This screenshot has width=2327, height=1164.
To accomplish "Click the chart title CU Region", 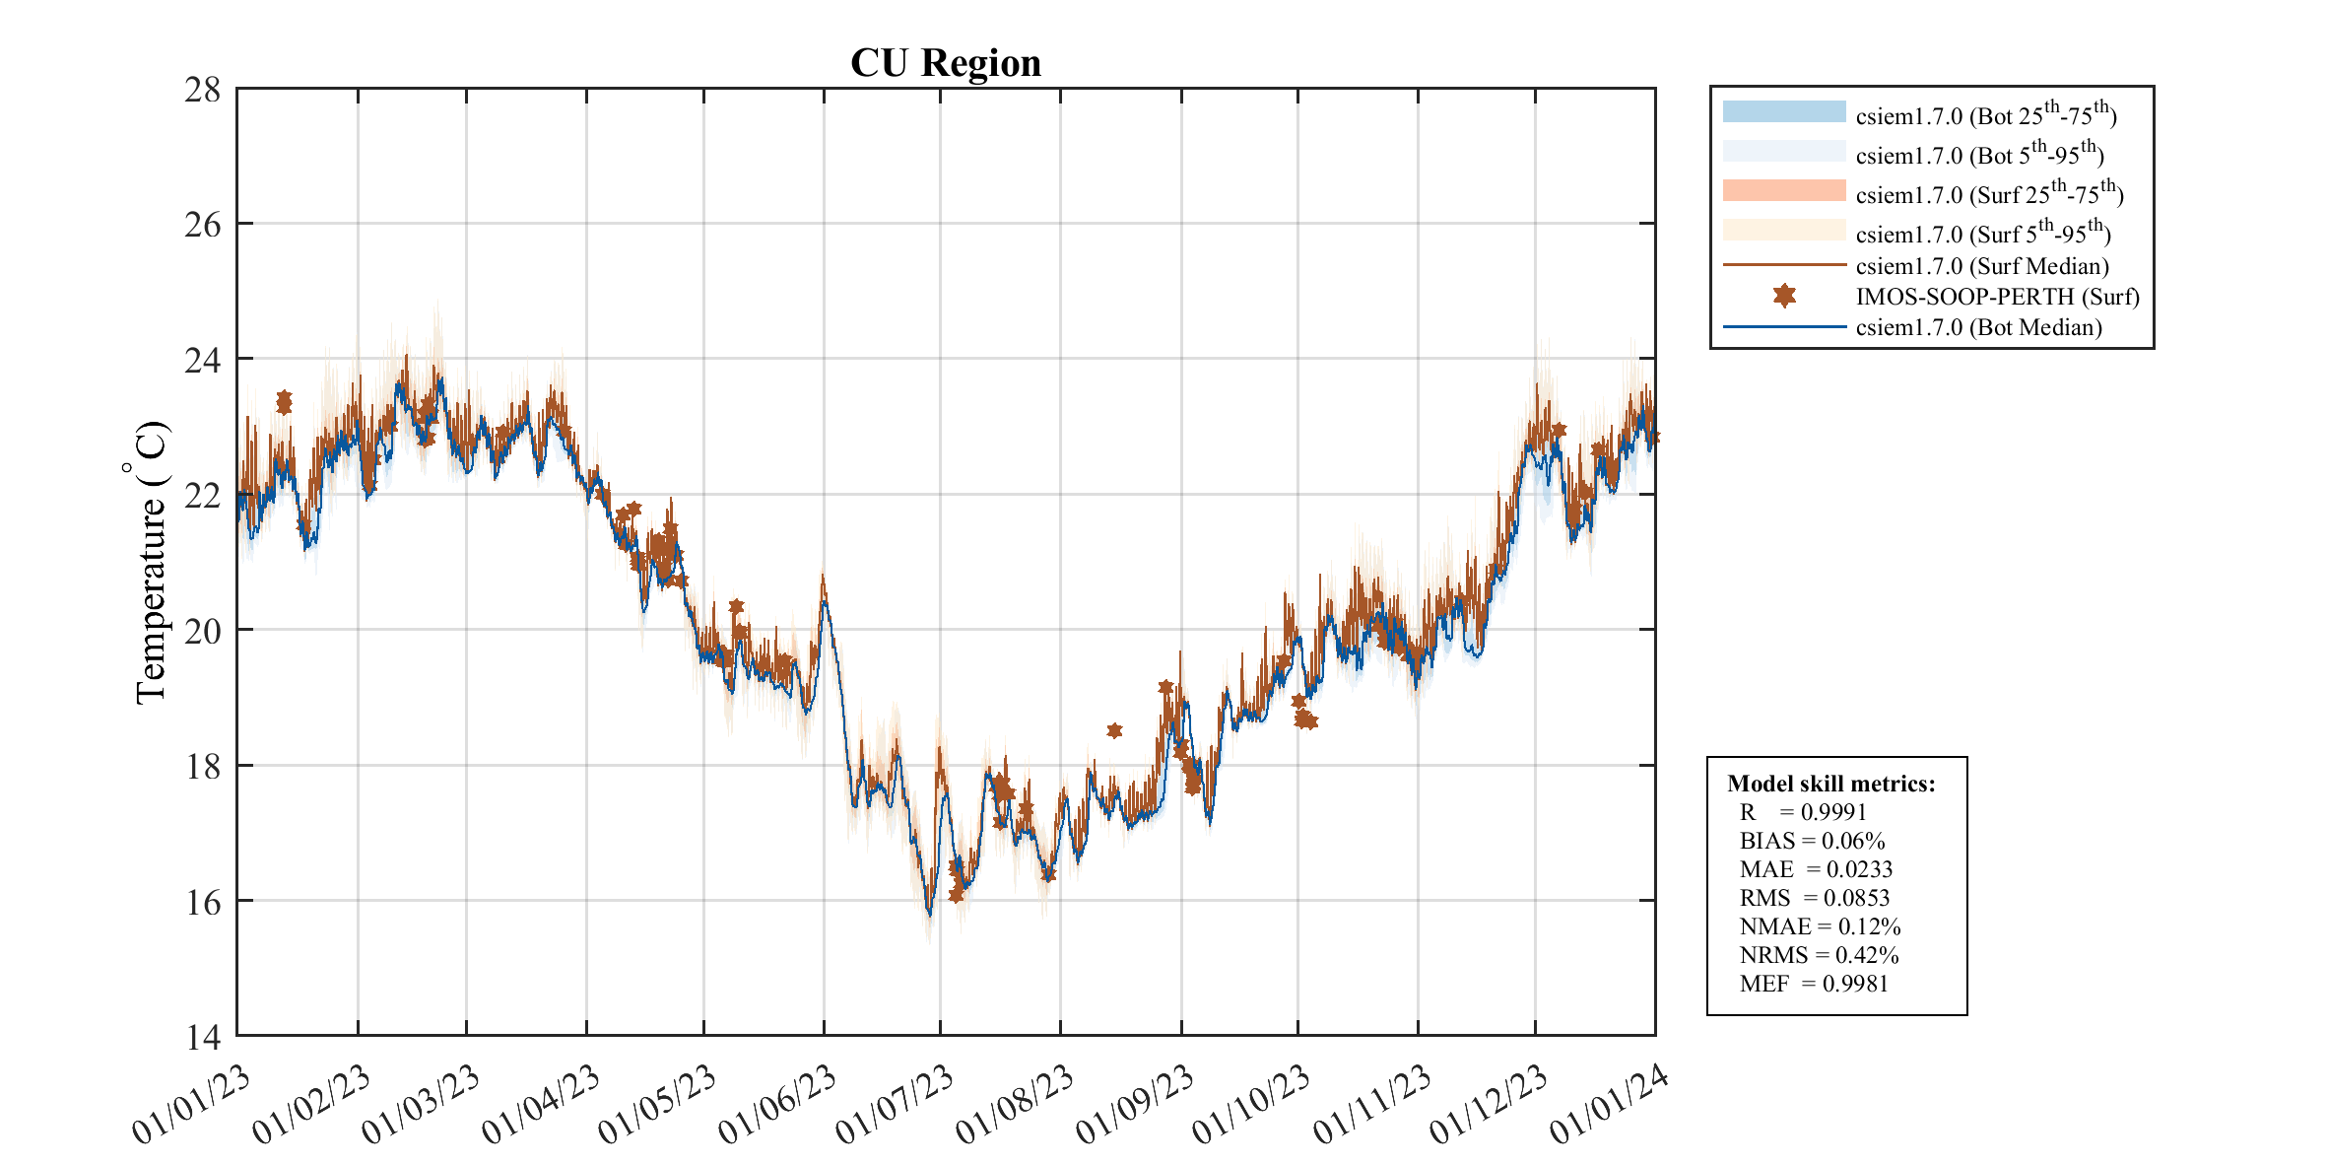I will [x=945, y=63].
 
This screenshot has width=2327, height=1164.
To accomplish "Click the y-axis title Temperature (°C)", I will [x=150, y=563].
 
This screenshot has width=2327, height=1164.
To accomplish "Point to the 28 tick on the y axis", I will [x=202, y=90].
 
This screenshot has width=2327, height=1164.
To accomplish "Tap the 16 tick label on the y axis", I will [x=202, y=902].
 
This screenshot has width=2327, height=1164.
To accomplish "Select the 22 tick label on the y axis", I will [x=202, y=495].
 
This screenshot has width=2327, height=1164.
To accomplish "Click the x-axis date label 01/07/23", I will [x=896, y=1106].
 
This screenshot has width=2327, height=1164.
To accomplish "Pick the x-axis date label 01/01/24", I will [x=1609, y=1106].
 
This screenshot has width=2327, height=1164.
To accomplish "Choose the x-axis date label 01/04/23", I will [x=541, y=1106].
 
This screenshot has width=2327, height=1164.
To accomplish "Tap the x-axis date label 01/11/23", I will [x=1371, y=1106].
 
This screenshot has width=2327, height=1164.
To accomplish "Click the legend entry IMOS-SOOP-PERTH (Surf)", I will [x=1997, y=297].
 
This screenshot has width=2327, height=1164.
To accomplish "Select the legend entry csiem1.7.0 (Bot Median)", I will [x=1978, y=327].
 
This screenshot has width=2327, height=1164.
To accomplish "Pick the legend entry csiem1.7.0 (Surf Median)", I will [x=1981, y=266].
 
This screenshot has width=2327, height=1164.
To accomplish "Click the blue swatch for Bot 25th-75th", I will [x=1783, y=111].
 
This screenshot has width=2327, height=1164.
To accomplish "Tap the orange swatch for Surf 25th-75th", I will [x=1783, y=190].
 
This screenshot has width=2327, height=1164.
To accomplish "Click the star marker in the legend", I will [x=1784, y=296].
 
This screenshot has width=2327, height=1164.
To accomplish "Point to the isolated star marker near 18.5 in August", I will [x=1114, y=730].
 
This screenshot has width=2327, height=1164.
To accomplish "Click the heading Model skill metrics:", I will [x=1830, y=784].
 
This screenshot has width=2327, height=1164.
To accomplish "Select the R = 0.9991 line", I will [x=1803, y=812].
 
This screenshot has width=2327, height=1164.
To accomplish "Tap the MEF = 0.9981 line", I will [x=1814, y=984].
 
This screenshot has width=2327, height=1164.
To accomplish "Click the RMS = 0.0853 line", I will [x=1815, y=898].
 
